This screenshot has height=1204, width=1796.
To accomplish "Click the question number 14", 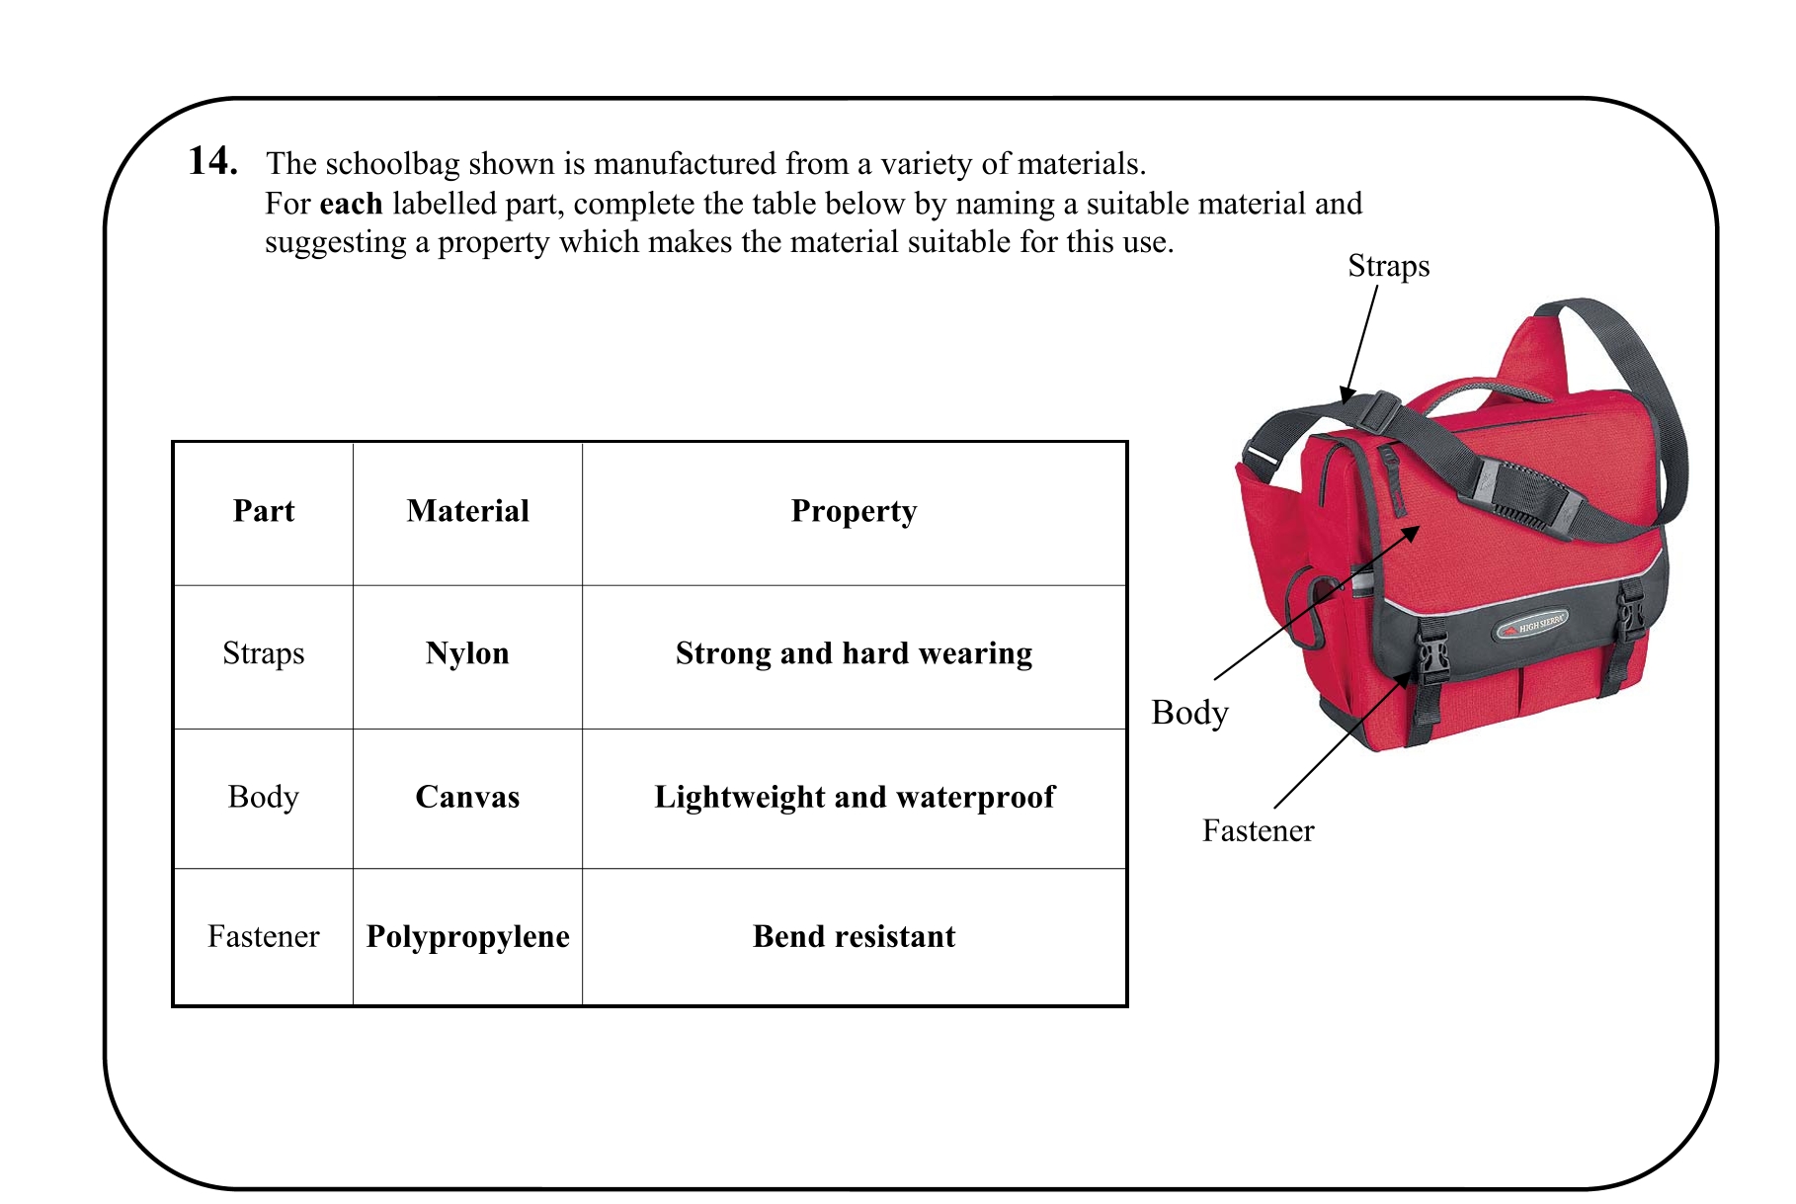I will [x=212, y=161].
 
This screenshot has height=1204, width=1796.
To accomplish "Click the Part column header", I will [x=264, y=511].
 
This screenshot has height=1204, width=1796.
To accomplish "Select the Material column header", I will [x=467, y=511].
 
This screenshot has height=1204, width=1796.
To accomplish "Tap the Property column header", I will [x=854, y=511].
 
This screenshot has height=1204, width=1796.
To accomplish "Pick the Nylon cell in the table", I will [x=467, y=653].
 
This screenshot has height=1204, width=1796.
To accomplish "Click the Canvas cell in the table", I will [x=467, y=797].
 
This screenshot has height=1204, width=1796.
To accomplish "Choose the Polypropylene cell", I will [x=467, y=936].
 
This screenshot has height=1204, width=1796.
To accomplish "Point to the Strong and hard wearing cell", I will [x=854, y=653].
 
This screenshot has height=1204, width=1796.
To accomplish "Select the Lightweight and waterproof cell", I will [x=854, y=797].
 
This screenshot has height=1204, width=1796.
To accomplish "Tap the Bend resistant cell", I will [x=854, y=936].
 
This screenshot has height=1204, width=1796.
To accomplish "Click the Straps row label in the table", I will [x=264, y=653].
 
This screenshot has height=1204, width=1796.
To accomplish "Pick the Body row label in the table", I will [x=264, y=797].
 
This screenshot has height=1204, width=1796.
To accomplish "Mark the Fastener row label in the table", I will [x=264, y=936].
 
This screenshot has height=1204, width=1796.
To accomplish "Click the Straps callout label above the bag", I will [x=1388, y=266].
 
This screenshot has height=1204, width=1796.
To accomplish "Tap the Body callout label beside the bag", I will [x=1189, y=713].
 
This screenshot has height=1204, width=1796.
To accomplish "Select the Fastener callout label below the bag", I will [x=1258, y=830].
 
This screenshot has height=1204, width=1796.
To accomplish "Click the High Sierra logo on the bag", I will [x=1532, y=626].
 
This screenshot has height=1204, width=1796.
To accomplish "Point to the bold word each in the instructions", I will [x=351, y=204].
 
